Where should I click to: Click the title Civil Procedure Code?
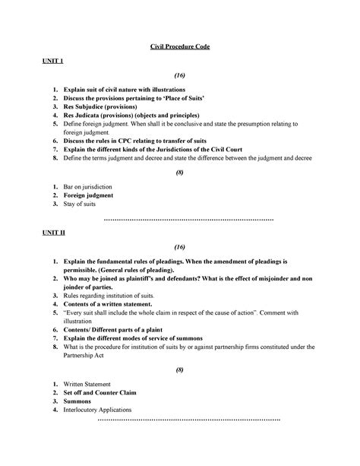(x=179, y=47)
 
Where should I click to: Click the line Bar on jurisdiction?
(x=94, y=186)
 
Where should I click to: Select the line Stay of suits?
(x=83, y=204)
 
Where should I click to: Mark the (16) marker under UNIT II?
(x=179, y=247)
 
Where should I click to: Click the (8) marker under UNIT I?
(x=179, y=173)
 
